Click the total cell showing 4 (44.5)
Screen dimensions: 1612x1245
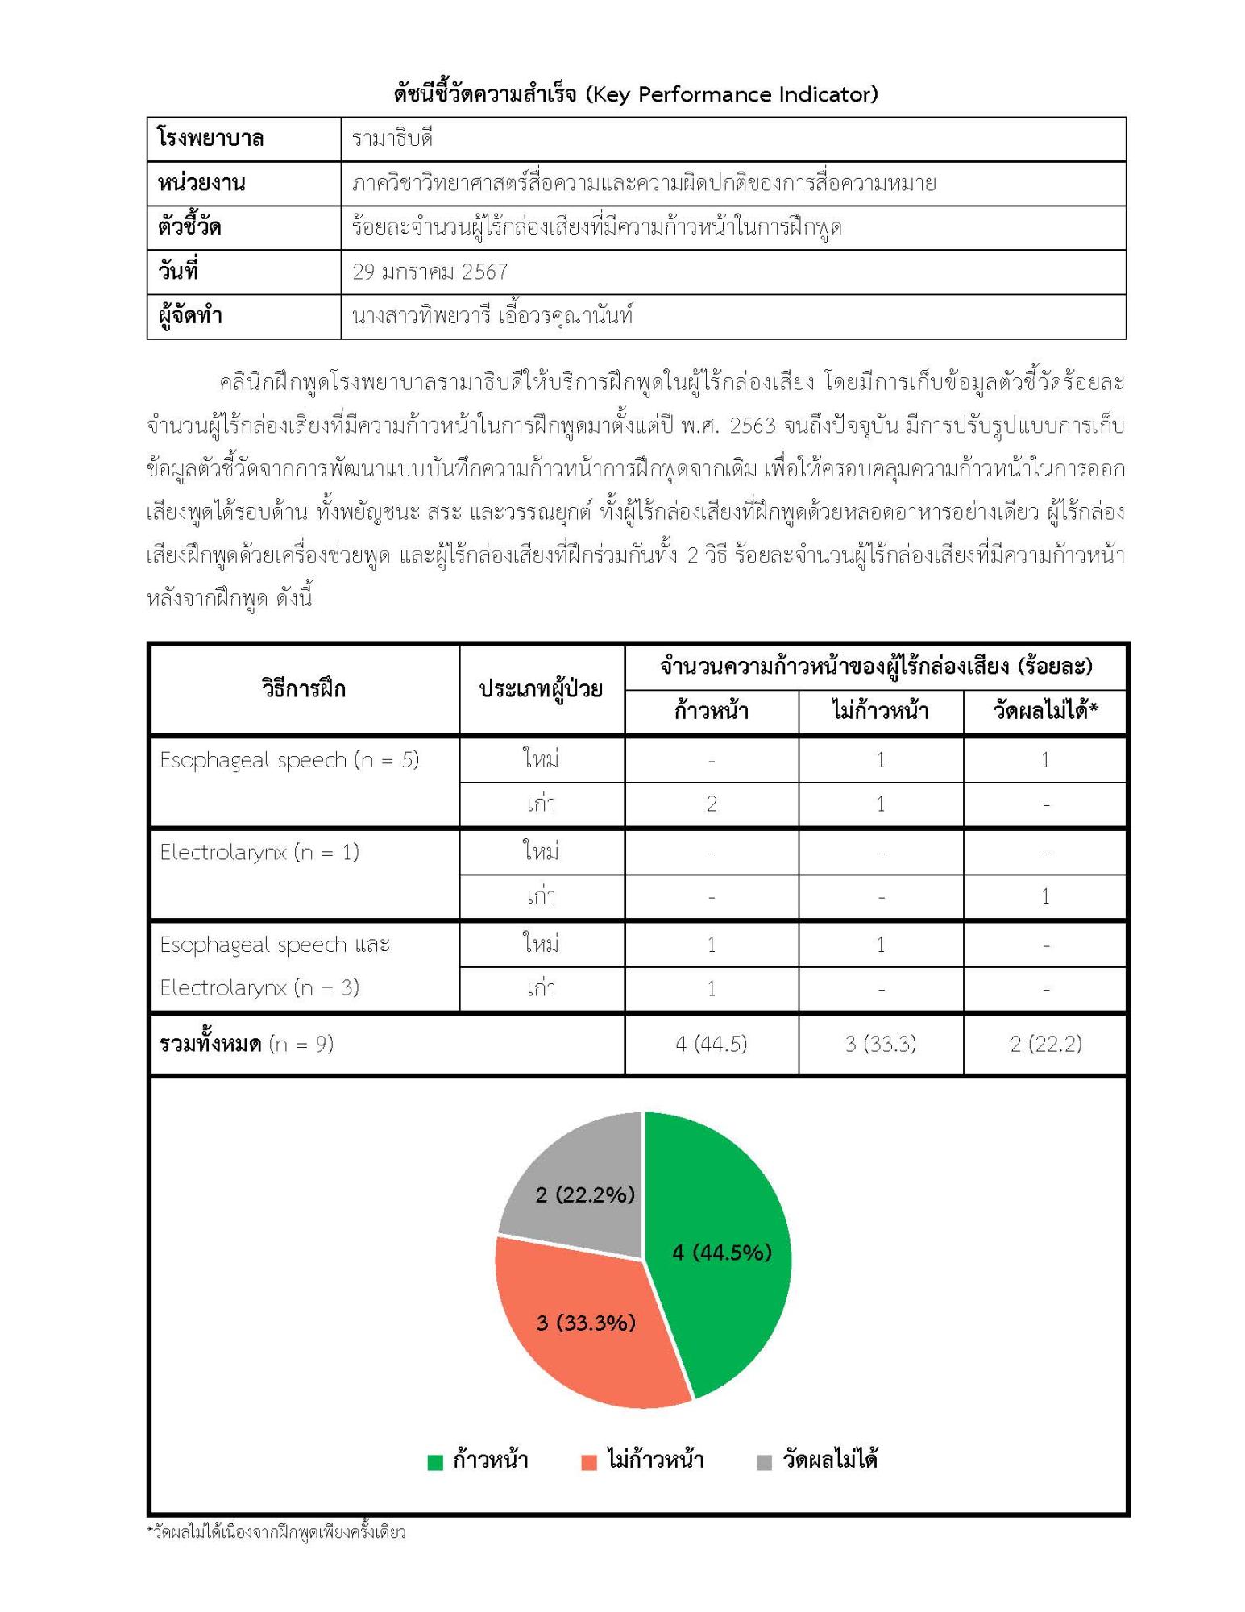point(711,1044)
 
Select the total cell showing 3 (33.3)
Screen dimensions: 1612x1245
point(880,1044)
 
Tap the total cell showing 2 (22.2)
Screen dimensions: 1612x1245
point(1045,1044)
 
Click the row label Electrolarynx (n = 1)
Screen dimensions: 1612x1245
point(259,852)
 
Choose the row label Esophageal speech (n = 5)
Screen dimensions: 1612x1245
point(289,759)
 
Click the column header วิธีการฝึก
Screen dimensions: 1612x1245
point(303,688)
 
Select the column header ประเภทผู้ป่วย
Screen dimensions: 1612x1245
point(541,688)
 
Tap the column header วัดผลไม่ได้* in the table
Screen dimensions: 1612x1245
point(1045,710)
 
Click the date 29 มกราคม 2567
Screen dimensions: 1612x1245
point(430,272)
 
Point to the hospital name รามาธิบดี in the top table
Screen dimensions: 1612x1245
point(392,139)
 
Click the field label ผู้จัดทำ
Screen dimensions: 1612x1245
point(190,316)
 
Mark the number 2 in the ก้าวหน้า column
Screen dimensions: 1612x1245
point(711,804)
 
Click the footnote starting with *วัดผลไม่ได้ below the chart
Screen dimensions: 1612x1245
point(276,1531)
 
